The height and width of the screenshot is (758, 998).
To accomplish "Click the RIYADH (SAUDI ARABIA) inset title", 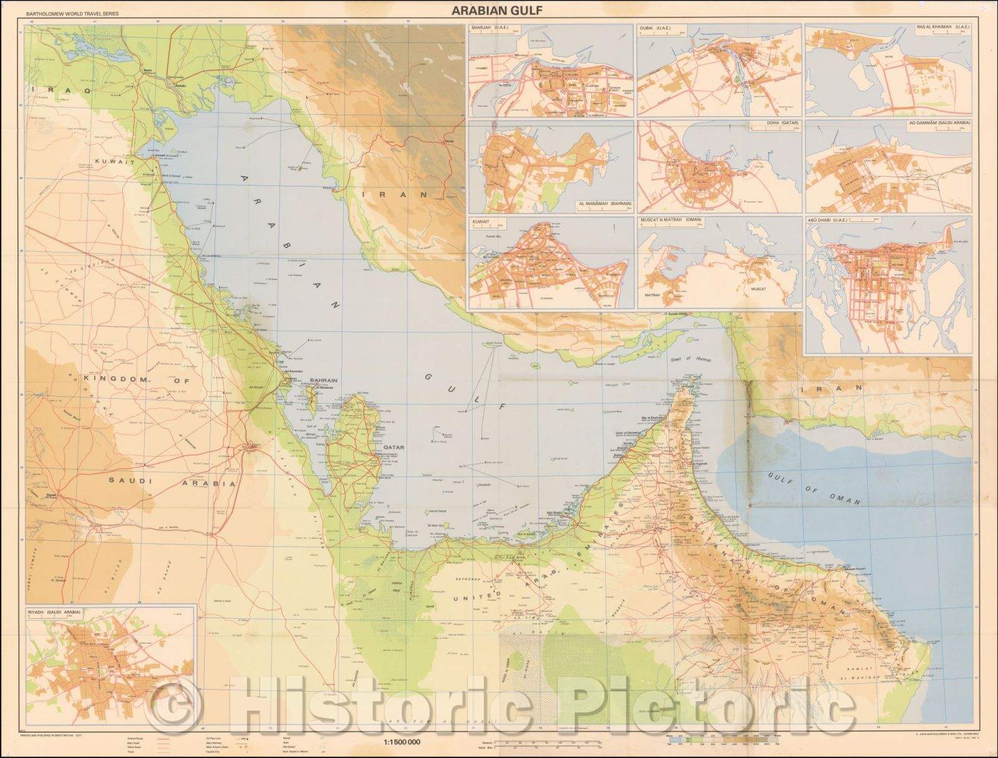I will (56, 612).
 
